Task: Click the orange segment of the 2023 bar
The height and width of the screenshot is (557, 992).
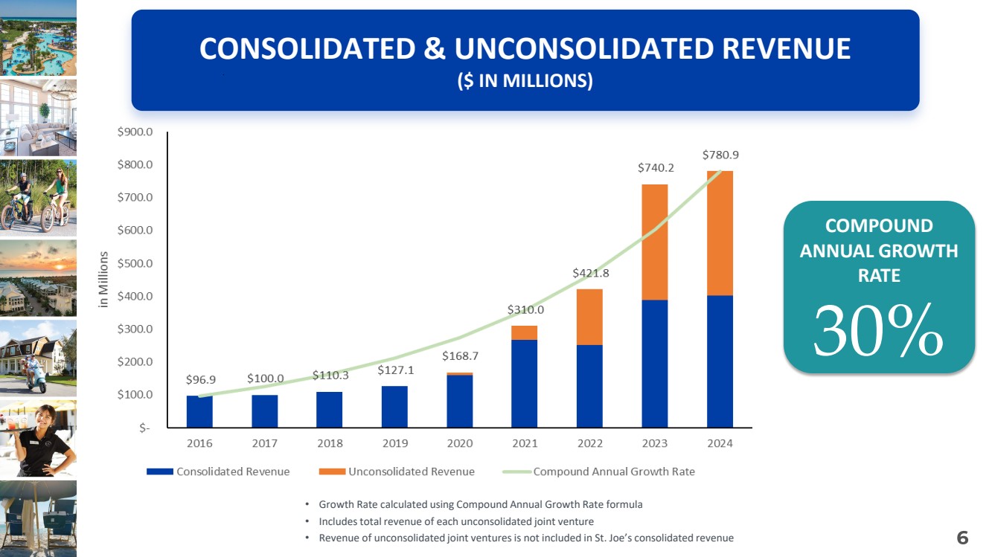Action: point(654,242)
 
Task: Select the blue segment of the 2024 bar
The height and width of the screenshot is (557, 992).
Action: point(720,361)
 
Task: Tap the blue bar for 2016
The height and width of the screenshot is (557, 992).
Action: point(199,411)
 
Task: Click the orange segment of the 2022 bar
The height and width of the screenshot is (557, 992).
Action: point(589,317)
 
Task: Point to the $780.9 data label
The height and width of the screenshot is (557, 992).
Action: point(720,155)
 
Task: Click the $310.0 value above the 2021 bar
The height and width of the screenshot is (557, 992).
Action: point(525,309)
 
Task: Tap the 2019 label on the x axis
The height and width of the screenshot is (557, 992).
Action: point(394,443)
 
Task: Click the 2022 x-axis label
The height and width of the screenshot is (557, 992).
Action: point(589,443)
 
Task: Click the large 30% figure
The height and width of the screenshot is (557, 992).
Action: point(878,333)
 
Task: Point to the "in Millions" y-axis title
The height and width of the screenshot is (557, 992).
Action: point(104,280)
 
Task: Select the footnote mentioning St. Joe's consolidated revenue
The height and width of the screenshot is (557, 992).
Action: point(525,538)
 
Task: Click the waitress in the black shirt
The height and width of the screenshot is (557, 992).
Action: point(41,439)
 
